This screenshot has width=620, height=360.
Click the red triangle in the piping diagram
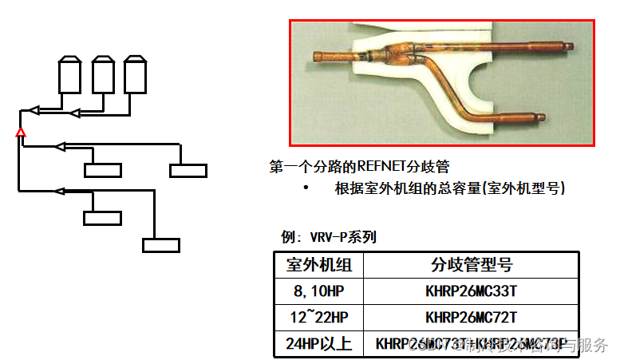pyautogui.click(x=22, y=132)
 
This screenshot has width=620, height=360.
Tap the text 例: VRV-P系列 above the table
pyautogui.click(x=329, y=237)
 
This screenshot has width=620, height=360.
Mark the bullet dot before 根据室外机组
pyautogui.click(x=306, y=189)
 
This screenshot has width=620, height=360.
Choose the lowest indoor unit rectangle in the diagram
pyautogui.click(x=160, y=245)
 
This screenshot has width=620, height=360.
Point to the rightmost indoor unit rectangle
pyautogui.click(x=188, y=170)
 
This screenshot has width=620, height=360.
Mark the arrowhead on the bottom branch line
pyautogui.click(x=58, y=191)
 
